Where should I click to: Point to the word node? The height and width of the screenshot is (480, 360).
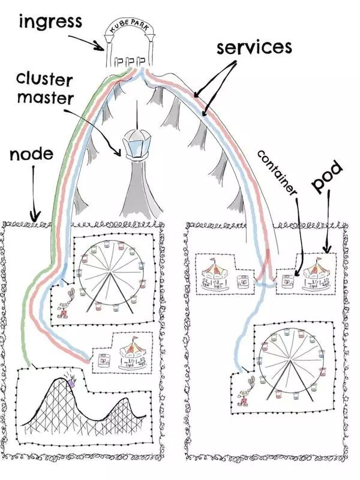tap(32, 155)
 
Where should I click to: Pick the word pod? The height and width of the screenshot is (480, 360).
tap(328, 179)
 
